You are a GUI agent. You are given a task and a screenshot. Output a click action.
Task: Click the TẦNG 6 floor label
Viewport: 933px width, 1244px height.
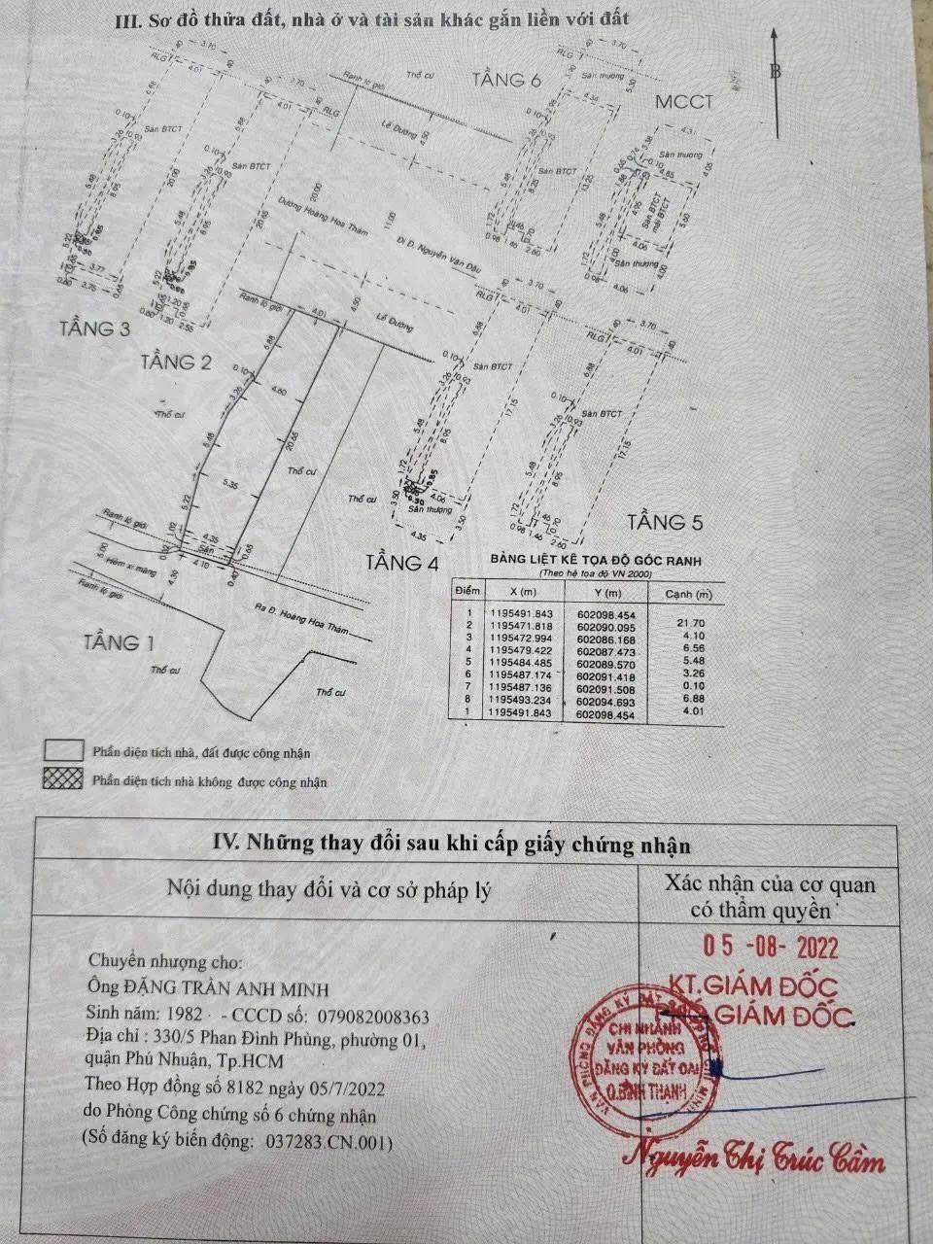(x=506, y=80)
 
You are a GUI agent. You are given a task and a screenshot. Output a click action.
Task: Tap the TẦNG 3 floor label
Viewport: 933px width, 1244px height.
(x=93, y=328)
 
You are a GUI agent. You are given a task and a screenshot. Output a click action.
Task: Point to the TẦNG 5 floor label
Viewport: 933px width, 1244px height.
(x=665, y=522)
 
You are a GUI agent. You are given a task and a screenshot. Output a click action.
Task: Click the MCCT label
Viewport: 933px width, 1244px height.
(x=683, y=102)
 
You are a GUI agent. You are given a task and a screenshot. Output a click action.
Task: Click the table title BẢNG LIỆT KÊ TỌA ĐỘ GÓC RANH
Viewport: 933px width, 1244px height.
(x=596, y=561)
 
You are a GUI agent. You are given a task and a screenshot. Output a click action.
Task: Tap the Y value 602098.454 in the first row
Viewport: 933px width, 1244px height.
(x=606, y=614)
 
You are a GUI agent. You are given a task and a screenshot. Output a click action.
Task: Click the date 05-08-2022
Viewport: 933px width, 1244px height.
(x=771, y=947)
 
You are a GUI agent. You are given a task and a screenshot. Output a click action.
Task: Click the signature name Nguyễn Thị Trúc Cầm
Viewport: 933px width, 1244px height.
(x=754, y=1158)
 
